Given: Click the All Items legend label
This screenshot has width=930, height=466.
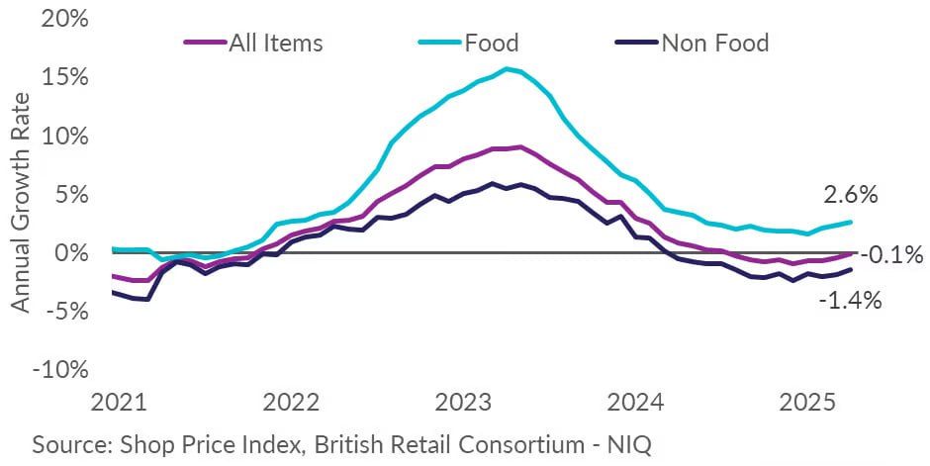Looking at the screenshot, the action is click(276, 43).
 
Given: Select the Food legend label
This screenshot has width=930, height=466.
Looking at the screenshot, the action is click(492, 43).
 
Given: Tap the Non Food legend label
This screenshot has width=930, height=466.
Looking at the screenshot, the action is click(715, 43).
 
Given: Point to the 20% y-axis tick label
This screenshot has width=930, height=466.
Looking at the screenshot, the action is click(65, 20).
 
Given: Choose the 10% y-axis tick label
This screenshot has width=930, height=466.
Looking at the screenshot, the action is click(65, 137).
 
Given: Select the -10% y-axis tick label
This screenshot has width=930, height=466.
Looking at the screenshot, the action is click(60, 370).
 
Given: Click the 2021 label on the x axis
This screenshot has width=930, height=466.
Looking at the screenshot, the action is click(119, 403).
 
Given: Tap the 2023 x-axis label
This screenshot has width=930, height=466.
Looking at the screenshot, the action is click(463, 403).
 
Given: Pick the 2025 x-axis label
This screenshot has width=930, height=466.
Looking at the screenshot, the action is click(808, 403).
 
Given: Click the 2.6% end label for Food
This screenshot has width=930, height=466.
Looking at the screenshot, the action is click(850, 195).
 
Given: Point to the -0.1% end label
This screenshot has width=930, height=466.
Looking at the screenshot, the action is click(891, 255).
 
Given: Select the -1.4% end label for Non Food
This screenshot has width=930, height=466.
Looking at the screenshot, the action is click(850, 301).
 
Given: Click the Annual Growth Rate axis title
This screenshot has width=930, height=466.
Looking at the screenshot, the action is click(20, 202).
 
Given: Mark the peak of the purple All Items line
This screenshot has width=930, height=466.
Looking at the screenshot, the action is click(520, 146).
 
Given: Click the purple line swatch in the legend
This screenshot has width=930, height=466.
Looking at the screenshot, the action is click(205, 43).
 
